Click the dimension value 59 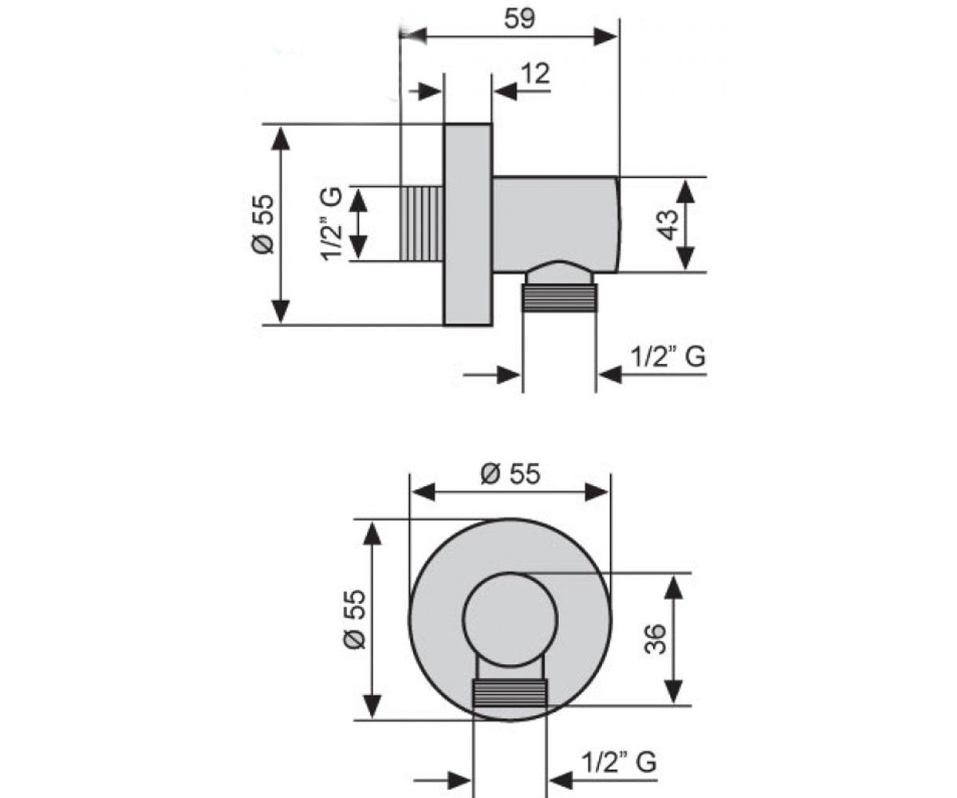pyautogui.click(x=519, y=19)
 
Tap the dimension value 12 pyautogui.click(x=535, y=73)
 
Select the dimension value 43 pyautogui.click(x=669, y=225)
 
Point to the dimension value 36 pyautogui.click(x=656, y=639)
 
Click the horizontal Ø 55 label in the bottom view pyautogui.click(x=510, y=474)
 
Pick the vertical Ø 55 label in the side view pyautogui.click(x=263, y=224)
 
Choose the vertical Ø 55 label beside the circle pyautogui.click(x=355, y=619)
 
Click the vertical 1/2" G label pyautogui.click(x=331, y=224)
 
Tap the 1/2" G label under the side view pyautogui.click(x=668, y=357)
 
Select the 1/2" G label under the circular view pyautogui.click(x=619, y=762)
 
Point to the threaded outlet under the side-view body pyautogui.click(x=560, y=298)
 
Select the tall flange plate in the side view pyautogui.click(x=467, y=224)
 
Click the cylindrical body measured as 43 pyautogui.click(x=557, y=224)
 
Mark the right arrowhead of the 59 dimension pyautogui.click(x=605, y=37)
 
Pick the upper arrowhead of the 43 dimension pyautogui.click(x=685, y=192)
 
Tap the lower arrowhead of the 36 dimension pyautogui.click(x=673, y=692)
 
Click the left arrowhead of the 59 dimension pyautogui.click(x=414, y=36)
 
